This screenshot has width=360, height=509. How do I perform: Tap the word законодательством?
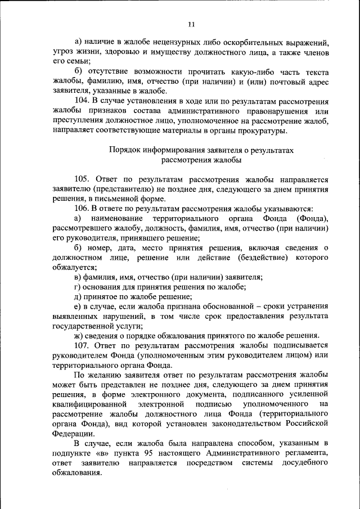click(x=246, y=424)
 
